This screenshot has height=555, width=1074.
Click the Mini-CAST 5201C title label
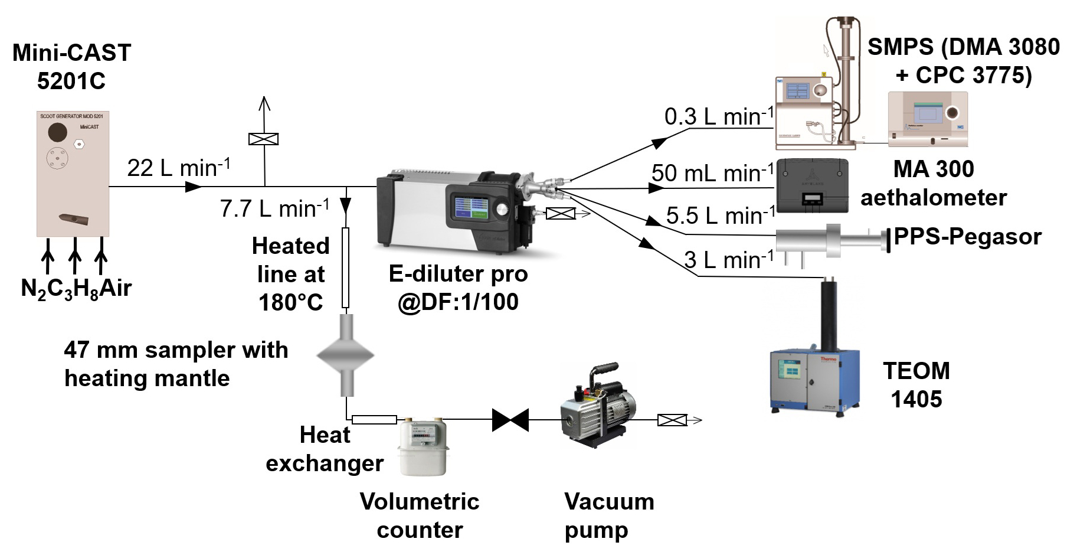71,66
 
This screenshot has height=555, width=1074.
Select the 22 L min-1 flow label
179,168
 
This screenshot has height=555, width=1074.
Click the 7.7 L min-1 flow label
274,208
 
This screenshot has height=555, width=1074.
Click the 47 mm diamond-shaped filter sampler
346,355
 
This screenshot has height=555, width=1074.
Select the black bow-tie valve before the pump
510,420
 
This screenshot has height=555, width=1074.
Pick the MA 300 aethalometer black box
812,185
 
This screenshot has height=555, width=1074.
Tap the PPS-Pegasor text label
967,237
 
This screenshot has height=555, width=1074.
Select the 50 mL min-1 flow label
712,173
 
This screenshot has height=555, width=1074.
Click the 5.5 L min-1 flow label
721,216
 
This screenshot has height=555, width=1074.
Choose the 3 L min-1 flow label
729,259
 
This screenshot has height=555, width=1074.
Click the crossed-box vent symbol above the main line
264,139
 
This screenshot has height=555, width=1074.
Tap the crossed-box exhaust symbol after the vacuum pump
672,420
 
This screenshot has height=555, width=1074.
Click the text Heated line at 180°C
290,274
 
